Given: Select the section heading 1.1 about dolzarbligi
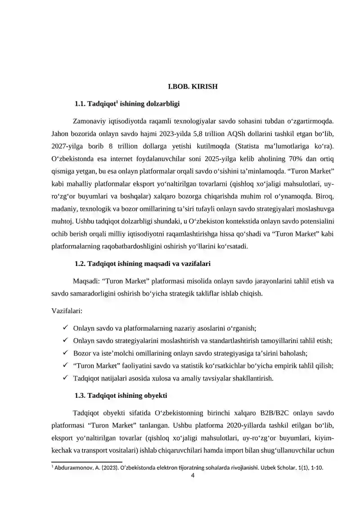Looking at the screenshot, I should point(127,104).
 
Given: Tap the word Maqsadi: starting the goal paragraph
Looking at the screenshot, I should point(86,281).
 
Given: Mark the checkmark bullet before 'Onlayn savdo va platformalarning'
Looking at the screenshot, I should point(66,328).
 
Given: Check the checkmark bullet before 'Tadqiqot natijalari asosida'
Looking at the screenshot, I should point(66,378).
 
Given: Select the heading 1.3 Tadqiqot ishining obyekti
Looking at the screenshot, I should point(121,396).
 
